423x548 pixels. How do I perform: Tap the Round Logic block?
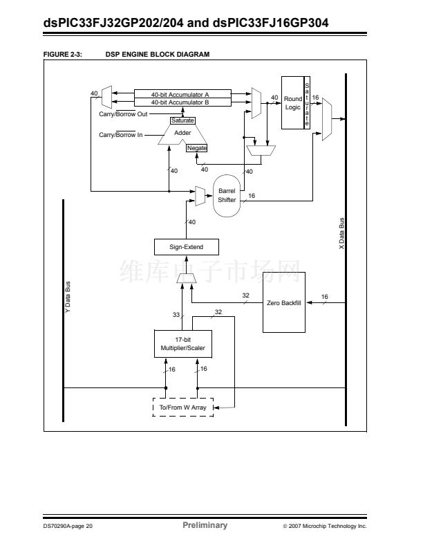293,103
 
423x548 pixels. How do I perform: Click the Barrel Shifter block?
227,195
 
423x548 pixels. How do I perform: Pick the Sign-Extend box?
186,247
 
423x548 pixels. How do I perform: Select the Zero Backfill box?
283,303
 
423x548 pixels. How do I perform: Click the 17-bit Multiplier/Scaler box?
182,344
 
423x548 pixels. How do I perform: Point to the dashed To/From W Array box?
182,408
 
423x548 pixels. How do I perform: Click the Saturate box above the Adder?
182,120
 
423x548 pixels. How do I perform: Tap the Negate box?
196,148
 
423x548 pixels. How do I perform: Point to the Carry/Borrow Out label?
122,114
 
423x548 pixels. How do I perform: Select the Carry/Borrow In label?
120,135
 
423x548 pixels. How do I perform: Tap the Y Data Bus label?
68,298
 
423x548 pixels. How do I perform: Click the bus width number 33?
176,315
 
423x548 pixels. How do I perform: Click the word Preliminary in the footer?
205,526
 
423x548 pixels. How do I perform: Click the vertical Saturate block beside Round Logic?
307,102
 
